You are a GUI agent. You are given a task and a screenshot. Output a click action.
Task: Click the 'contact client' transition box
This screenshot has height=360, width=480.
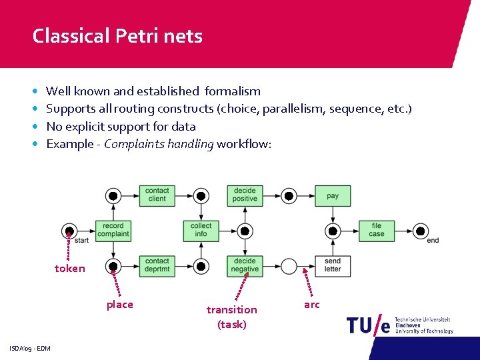coord(157,195)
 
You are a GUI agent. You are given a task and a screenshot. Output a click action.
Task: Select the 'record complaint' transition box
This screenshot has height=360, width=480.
coord(113,230)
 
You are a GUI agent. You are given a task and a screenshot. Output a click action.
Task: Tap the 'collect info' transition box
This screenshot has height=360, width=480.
coord(201,230)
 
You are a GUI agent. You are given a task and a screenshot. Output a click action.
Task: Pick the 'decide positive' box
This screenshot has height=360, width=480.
coord(245,195)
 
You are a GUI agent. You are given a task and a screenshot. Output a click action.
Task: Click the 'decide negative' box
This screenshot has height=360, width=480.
coord(245,265)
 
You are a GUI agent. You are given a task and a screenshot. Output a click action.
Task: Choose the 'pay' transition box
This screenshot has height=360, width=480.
coord(333,196)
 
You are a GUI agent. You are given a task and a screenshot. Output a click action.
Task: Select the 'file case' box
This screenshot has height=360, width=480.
coord(377,230)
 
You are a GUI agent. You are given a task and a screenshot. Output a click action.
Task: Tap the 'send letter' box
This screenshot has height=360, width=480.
coord(333,265)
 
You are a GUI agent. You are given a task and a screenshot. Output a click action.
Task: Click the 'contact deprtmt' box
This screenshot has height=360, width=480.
coord(157,265)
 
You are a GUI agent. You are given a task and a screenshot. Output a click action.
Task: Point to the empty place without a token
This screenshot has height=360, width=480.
coord(289,266)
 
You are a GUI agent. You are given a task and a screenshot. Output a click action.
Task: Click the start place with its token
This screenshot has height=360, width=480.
coord(69,231)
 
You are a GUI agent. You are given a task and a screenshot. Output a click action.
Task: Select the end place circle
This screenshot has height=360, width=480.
coord(421,231)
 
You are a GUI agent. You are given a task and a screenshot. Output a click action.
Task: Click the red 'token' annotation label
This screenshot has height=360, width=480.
coord(70,269)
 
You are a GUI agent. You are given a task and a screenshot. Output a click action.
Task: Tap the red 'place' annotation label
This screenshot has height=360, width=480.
coord(120,305)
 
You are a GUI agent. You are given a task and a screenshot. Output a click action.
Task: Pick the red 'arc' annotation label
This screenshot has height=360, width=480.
coord(312,305)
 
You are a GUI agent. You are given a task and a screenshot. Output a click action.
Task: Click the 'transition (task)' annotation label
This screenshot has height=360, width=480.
coord(231,317)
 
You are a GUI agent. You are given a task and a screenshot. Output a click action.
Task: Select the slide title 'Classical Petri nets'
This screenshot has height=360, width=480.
coord(117,35)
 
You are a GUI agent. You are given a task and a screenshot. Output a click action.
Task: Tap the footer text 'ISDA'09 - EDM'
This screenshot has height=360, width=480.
coord(30,349)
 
